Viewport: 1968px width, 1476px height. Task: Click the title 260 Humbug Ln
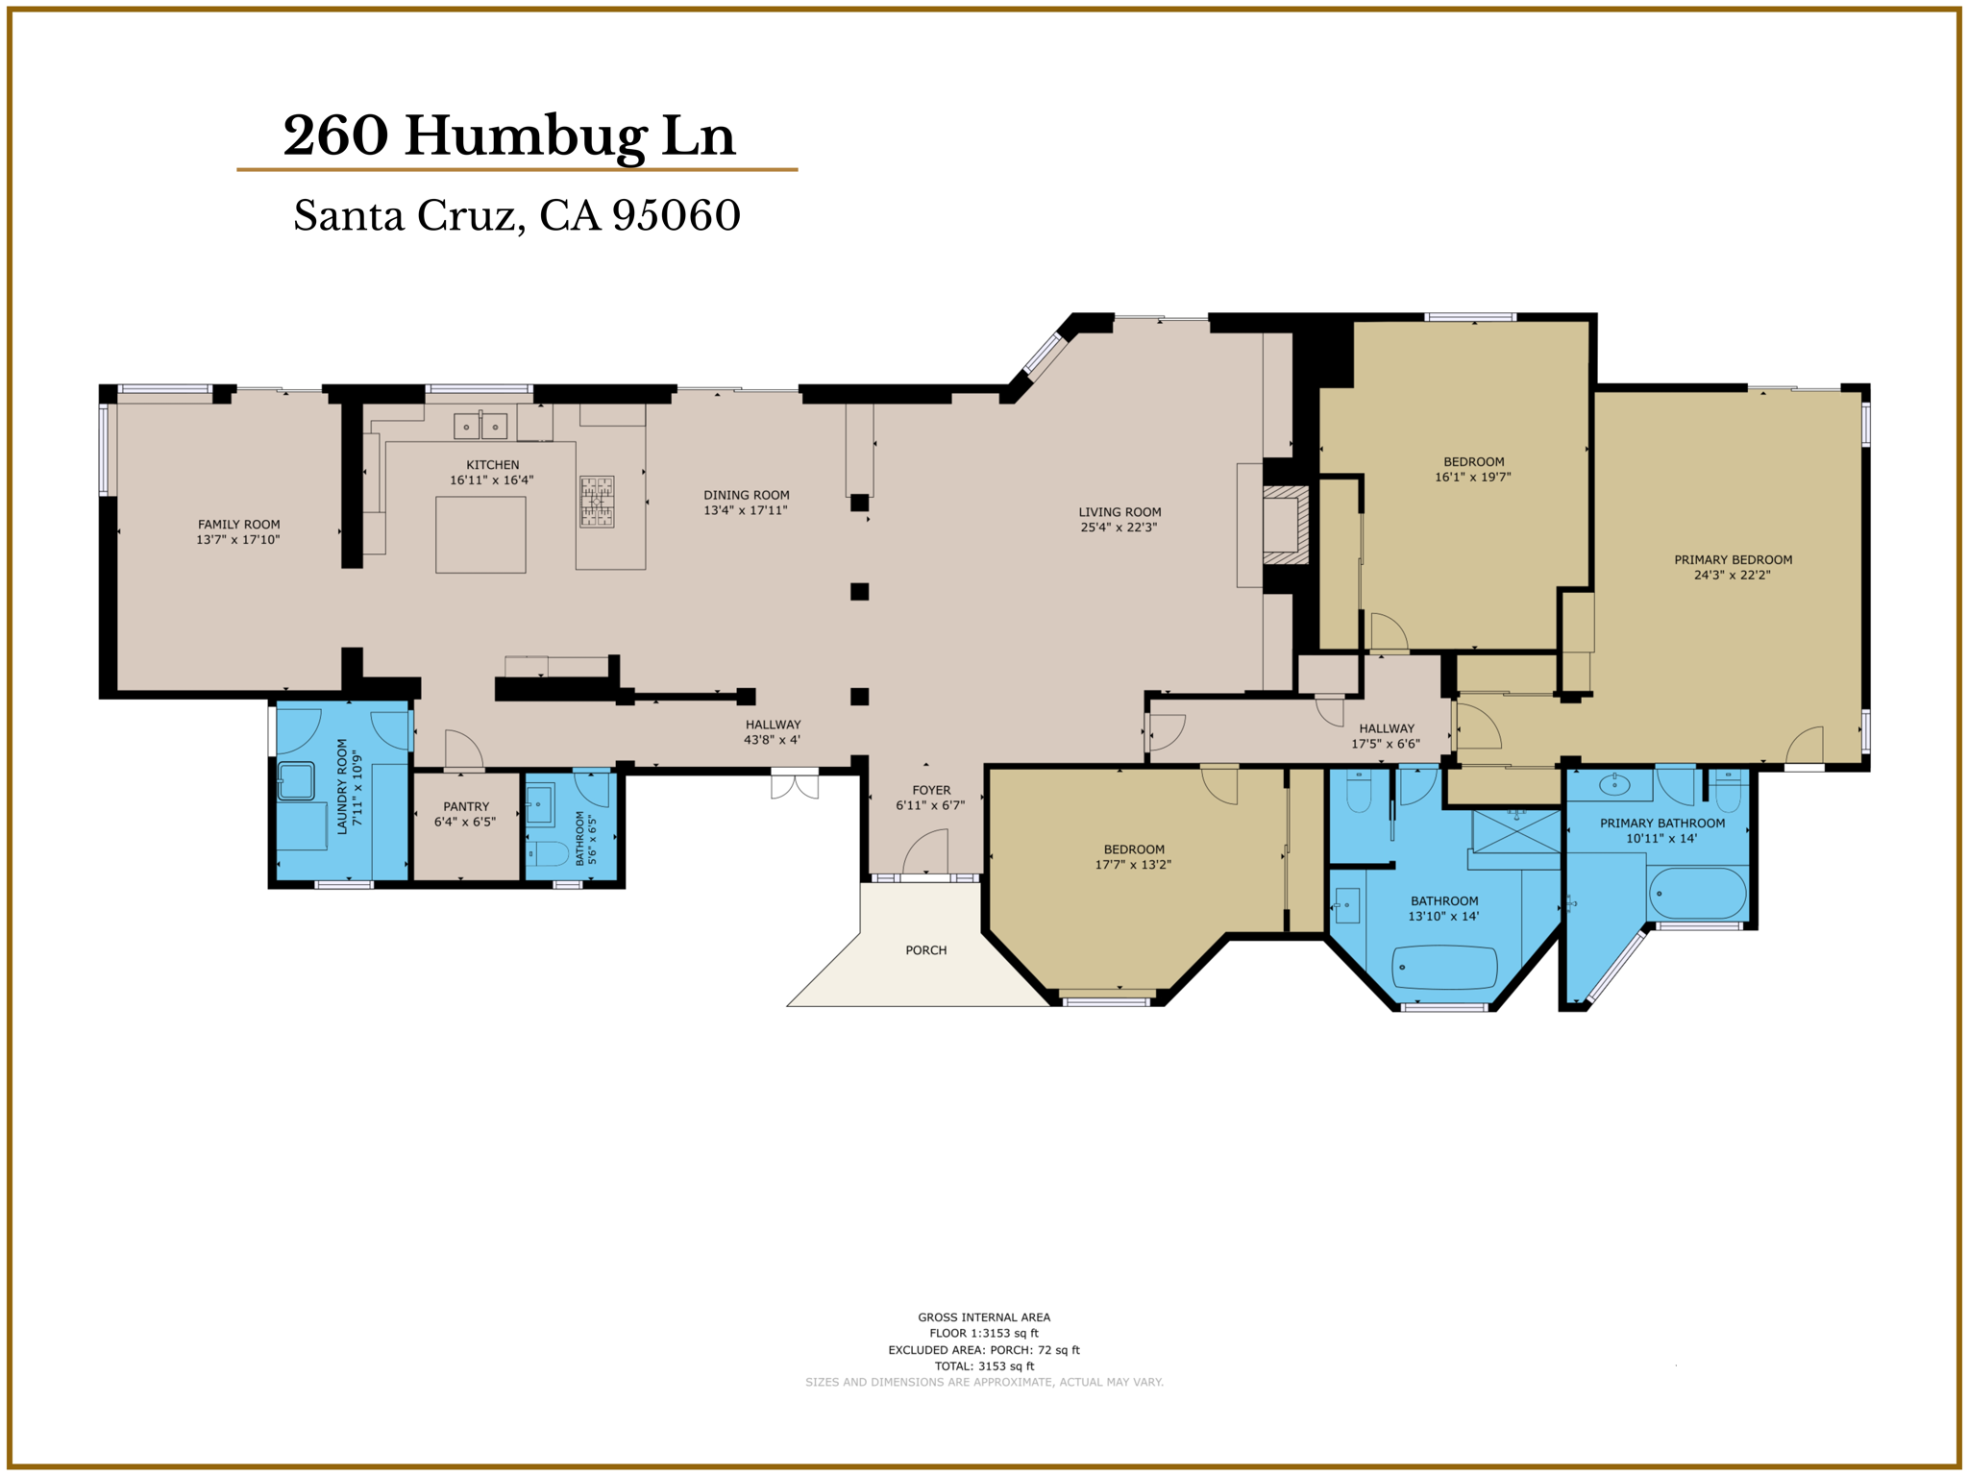[x=509, y=135]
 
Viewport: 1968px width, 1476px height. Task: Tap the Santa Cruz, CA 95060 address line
[x=517, y=215]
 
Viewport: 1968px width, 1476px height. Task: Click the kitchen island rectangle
[x=480, y=534]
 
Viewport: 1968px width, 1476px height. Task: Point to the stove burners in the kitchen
[x=596, y=502]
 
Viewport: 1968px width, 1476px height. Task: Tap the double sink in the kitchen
[x=480, y=426]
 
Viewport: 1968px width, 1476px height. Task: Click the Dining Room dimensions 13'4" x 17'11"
[x=746, y=510]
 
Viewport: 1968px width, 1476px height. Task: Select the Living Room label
[x=1119, y=512]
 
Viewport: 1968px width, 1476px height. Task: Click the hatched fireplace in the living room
[x=1286, y=525]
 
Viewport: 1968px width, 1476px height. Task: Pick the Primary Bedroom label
[x=1733, y=560]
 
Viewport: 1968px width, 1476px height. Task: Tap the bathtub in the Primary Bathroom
[x=1697, y=894]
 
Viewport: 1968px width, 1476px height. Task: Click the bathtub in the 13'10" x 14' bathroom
[x=1444, y=967]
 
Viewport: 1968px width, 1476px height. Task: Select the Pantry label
[x=466, y=807]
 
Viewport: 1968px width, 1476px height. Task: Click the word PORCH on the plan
[x=925, y=950]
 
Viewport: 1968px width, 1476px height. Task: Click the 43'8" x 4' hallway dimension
[x=772, y=740]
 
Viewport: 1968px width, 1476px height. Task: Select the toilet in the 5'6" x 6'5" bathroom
[x=549, y=853]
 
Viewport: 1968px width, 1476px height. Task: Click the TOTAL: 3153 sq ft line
[x=984, y=1365]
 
